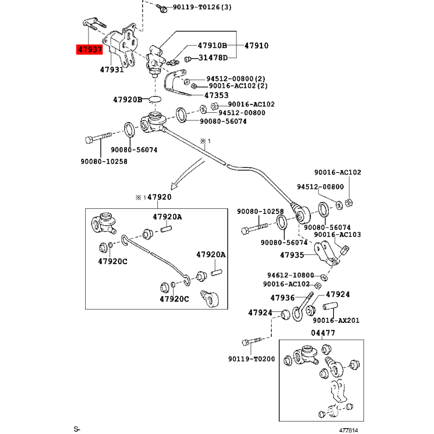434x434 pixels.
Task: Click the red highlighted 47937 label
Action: pos(90,49)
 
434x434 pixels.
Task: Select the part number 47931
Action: pos(112,69)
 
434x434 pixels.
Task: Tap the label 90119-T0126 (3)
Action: pos(202,7)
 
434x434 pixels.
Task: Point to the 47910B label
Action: pos(212,46)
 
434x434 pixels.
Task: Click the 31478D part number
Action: pos(213,58)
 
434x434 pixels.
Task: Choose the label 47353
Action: pos(216,95)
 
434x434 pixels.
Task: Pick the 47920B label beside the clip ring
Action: pos(127,99)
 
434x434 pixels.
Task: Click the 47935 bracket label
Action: pos(292,255)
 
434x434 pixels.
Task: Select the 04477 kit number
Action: pos(323,333)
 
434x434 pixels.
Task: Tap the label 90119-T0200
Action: pos(252,359)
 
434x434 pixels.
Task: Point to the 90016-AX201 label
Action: pos(336,320)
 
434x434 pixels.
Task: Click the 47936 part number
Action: pos(283,298)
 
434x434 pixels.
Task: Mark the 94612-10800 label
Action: pos(290,275)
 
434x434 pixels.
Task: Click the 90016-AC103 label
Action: pos(337,234)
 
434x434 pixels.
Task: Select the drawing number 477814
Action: pos(348,430)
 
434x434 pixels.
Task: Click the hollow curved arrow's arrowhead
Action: pos(174,186)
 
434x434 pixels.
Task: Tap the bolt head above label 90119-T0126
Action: pos(163,10)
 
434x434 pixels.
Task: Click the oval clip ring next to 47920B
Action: pos(155,99)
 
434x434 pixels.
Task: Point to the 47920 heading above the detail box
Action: pos(159,197)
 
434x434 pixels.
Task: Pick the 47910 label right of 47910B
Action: pos(256,46)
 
